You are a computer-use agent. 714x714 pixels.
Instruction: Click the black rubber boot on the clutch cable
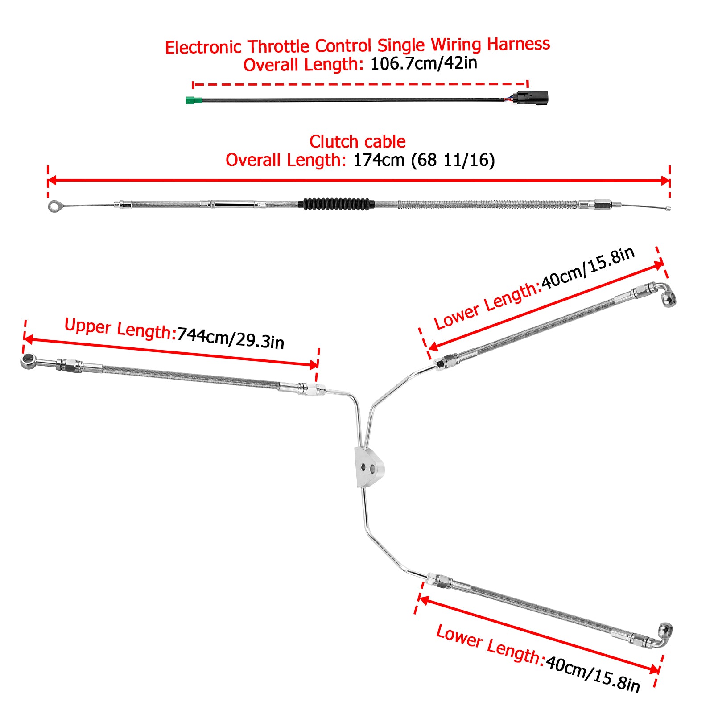click(336, 204)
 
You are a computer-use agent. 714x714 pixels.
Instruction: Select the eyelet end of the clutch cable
click(54, 206)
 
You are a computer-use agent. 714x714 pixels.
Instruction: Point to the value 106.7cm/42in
click(424, 63)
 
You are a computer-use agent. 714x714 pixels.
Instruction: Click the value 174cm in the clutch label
click(378, 160)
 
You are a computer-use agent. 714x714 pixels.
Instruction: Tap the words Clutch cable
click(357, 142)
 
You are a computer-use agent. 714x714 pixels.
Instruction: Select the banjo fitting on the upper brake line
click(29, 361)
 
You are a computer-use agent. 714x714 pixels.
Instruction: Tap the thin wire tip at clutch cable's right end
click(668, 208)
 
